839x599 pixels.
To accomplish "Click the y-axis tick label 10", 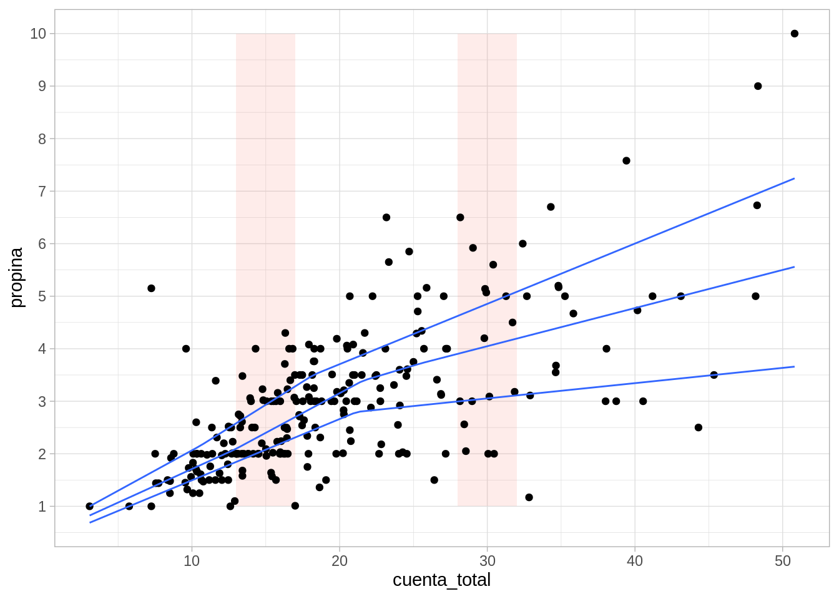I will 38,34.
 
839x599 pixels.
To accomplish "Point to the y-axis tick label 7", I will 42,192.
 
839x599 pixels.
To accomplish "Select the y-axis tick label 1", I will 42,507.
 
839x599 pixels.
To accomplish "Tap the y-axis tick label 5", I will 42,296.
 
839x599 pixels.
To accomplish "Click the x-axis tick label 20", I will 340,561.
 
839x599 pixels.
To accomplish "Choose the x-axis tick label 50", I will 783,561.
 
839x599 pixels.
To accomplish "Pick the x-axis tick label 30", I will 487,561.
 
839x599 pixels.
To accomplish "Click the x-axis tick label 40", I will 635,561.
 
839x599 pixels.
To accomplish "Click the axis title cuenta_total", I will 441,580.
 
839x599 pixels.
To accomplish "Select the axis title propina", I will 16,278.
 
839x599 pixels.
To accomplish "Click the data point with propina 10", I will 795,34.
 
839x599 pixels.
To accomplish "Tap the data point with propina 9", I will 758,86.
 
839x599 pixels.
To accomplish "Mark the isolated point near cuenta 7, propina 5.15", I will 151,288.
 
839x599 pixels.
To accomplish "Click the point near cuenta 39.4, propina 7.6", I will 626,161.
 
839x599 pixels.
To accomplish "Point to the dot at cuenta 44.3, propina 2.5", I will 699,427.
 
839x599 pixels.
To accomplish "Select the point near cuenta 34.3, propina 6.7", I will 551,207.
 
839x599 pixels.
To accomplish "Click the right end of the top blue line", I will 794,178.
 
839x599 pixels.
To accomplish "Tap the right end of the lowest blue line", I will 794,367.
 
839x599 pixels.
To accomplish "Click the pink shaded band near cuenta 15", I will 265,187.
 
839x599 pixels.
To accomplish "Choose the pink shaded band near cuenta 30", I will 487,156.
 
